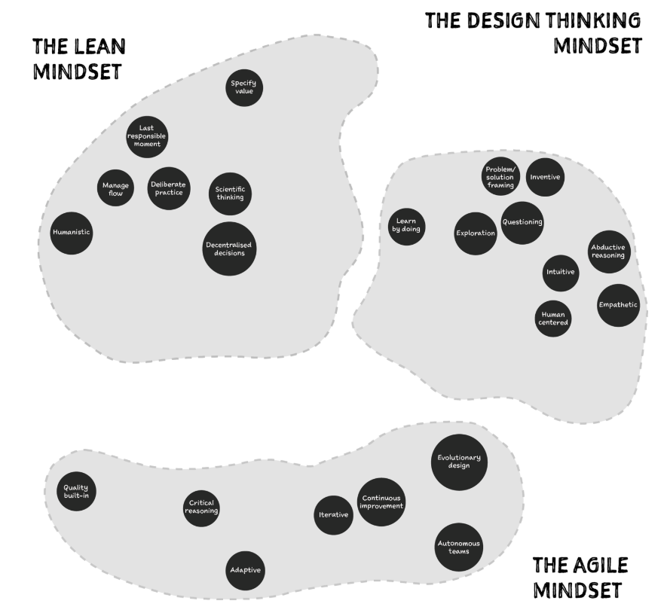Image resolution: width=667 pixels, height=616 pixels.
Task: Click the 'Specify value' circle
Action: tap(244, 87)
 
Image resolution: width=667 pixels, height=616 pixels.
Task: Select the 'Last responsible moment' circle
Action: tap(147, 136)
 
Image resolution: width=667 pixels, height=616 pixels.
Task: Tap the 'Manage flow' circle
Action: tap(115, 188)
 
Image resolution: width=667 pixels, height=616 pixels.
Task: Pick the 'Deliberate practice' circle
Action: tap(167, 188)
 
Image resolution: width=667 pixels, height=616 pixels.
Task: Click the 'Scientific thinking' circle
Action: tap(230, 194)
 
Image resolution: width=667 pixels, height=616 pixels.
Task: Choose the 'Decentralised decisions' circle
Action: tap(230, 249)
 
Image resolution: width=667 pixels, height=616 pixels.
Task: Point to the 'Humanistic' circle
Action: tap(72, 233)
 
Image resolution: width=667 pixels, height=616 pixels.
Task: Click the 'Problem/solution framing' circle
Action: tap(500, 175)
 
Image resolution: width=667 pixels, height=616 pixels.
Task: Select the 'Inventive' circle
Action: tap(545, 177)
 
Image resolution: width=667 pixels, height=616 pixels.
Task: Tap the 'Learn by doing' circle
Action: tap(407, 224)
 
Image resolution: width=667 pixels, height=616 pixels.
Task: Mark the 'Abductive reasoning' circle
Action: tap(608, 251)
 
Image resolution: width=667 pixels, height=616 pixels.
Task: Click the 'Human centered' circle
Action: tap(553, 318)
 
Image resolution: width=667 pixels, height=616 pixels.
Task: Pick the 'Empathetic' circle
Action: tap(618, 305)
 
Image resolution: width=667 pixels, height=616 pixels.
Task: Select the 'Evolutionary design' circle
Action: tap(459, 461)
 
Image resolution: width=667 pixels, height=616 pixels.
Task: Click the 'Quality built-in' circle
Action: tap(76, 492)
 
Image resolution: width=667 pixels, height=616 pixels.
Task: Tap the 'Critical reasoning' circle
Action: tap(202, 507)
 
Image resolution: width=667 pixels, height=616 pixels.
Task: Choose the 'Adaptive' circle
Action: tap(246, 570)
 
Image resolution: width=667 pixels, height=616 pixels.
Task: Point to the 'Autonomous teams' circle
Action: tap(459, 547)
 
